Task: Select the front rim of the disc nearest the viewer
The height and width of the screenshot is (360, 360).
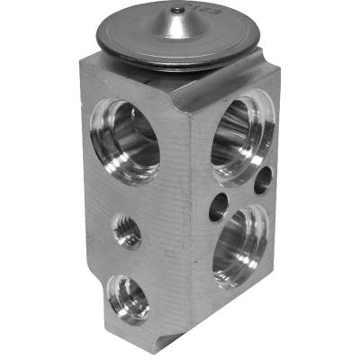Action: pyautogui.click(x=180, y=69)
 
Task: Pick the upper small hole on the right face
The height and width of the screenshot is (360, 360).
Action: pyautogui.click(x=262, y=183)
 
